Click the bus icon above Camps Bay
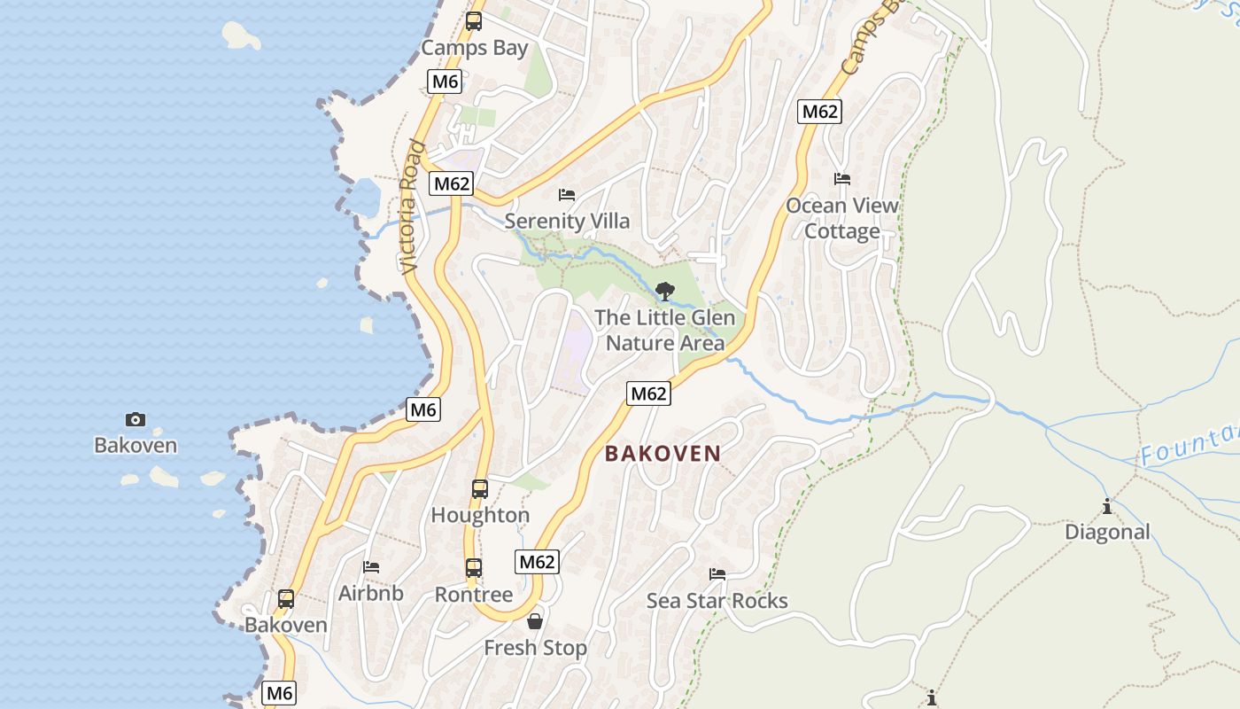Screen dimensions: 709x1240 point(474,21)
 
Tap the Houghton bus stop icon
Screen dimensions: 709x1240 point(479,488)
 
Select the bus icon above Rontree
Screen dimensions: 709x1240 point(474,568)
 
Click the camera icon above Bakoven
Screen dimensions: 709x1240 point(136,419)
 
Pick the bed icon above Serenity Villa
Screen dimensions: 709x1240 point(567,195)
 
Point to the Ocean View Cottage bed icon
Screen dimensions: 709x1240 point(842,179)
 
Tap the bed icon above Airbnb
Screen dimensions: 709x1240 point(371,566)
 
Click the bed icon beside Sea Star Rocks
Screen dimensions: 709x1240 point(717,574)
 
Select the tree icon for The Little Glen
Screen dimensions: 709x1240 point(664,291)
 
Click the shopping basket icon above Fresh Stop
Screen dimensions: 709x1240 point(535,621)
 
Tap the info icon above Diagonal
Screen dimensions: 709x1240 point(1107,506)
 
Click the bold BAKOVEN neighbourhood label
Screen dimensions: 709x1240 point(663,454)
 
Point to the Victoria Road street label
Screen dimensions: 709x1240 point(410,207)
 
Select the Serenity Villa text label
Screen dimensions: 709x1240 point(567,221)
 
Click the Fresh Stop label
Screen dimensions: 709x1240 point(535,648)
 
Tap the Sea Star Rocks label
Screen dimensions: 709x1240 point(717,601)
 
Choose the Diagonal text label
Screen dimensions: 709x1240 point(1107,532)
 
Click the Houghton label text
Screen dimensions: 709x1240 point(480,515)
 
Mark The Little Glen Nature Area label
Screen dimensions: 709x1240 point(664,330)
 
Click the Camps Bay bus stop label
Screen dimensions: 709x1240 point(474,48)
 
